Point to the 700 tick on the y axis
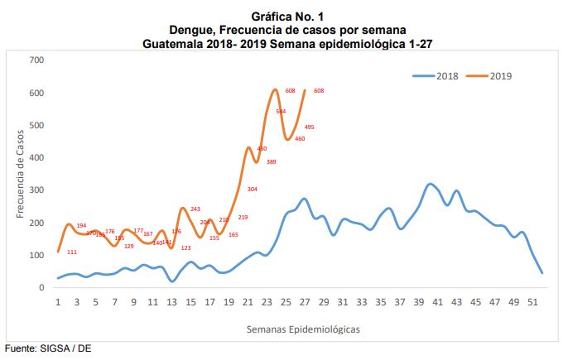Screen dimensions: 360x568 click(36, 60)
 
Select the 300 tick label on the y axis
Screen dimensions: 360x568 click(36, 190)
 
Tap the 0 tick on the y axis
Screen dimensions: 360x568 click(41, 287)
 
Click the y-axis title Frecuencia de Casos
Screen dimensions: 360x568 click(20, 174)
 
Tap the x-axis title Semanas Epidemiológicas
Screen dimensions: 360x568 click(303, 329)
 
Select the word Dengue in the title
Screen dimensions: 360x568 click(187, 30)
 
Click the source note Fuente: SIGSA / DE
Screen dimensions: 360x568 click(48, 348)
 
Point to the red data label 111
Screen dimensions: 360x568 click(72, 252)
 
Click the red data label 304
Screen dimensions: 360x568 click(252, 190)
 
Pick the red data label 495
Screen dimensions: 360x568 click(309, 127)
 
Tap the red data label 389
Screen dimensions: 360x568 click(271, 161)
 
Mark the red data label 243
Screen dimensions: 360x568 click(195, 209)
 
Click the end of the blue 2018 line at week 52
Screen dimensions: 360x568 click(542, 272)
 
